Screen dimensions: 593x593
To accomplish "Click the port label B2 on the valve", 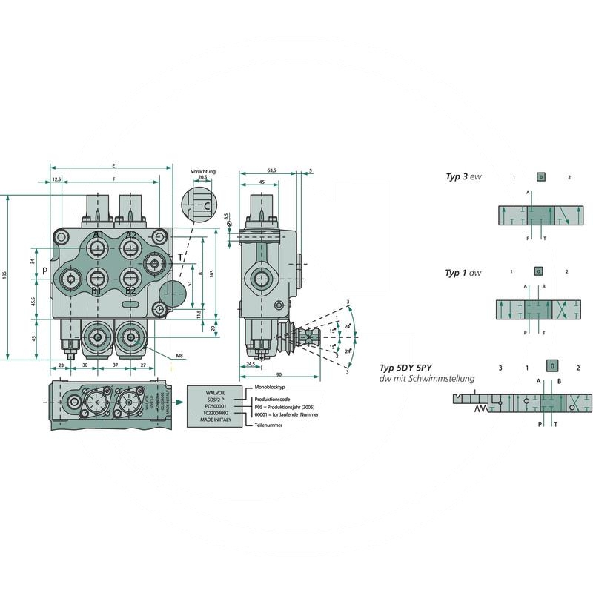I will (x=130, y=291).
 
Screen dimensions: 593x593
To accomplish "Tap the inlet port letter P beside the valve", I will (x=45, y=271).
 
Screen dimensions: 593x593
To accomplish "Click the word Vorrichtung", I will (x=202, y=171).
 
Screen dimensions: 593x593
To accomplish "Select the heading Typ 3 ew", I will (x=463, y=177).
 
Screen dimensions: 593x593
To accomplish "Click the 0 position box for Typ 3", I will (x=540, y=177).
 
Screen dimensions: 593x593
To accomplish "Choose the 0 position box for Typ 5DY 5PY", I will (x=551, y=367).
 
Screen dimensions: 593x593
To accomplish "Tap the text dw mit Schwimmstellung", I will (x=426, y=379).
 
